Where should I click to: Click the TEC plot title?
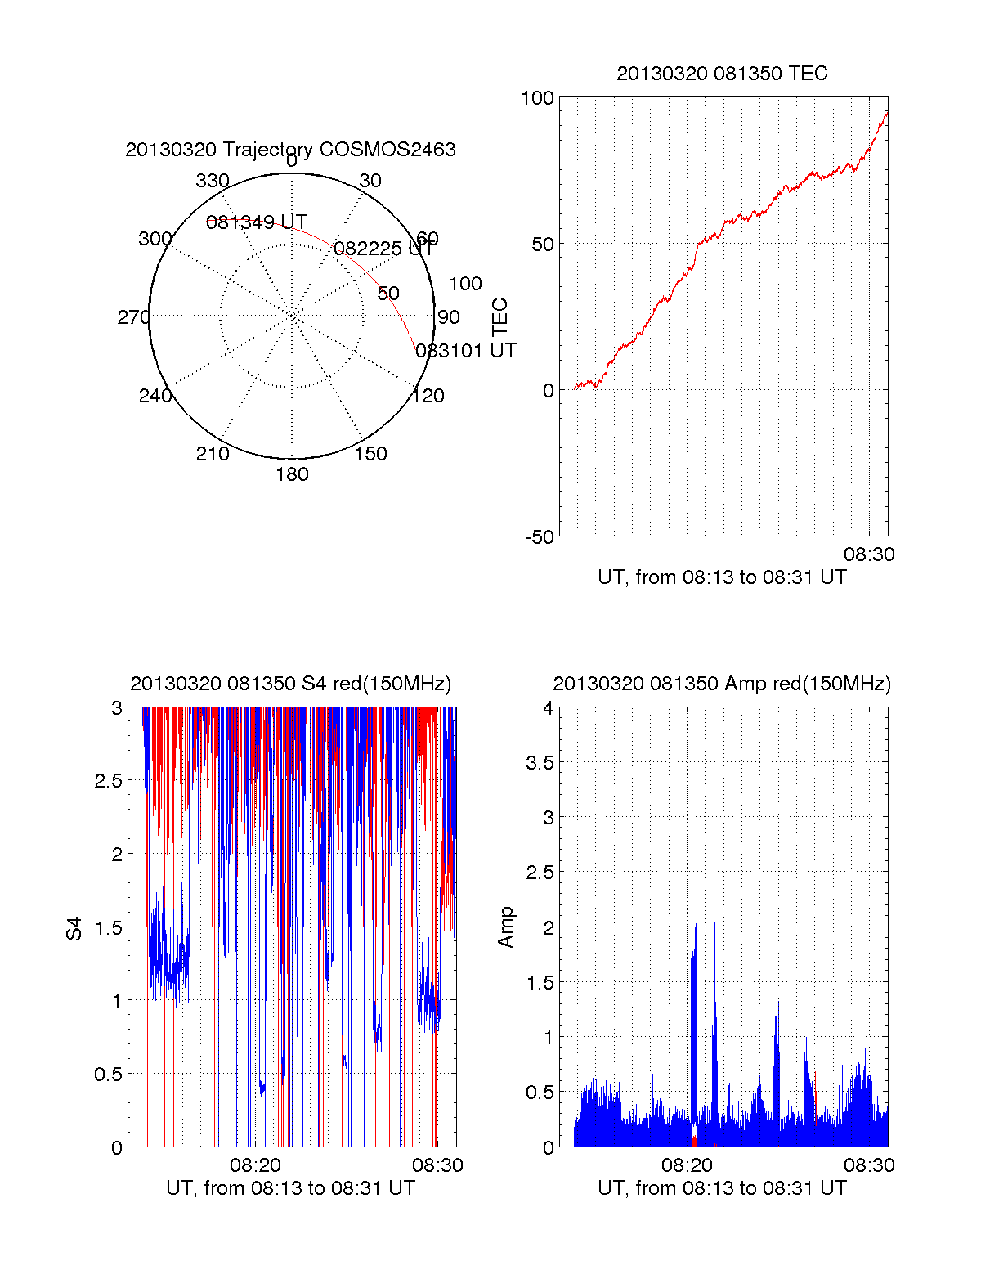click(722, 74)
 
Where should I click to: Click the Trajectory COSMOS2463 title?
click(290, 150)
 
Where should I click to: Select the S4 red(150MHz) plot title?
click(290, 684)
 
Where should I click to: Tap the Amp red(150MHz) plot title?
click(722, 684)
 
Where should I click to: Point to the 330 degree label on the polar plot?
click(213, 181)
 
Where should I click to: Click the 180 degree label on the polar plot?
click(292, 474)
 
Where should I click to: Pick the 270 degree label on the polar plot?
click(133, 317)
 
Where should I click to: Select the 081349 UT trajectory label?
click(256, 222)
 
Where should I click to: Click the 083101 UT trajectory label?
click(465, 351)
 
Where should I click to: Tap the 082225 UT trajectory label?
click(383, 249)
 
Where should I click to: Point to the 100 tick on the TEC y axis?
click(537, 98)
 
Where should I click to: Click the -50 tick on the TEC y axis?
click(540, 537)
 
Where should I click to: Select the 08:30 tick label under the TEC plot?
click(869, 554)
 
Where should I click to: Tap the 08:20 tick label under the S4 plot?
click(255, 1165)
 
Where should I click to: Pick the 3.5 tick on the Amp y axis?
click(540, 763)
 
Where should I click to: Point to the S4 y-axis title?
click(74, 928)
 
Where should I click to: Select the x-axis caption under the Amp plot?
click(722, 1188)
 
